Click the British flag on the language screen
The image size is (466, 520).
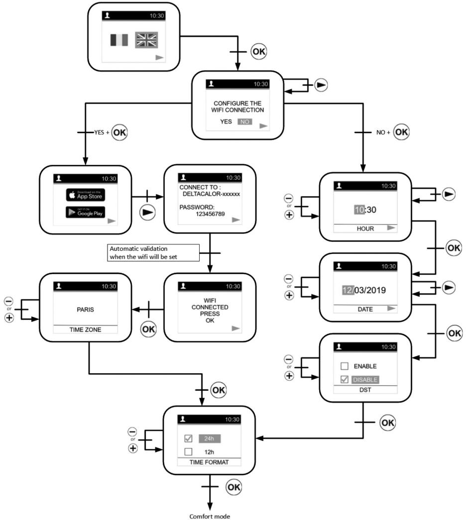pos(146,40)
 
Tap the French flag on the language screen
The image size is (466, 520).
pos(119,40)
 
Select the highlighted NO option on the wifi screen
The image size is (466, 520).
pos(244,122)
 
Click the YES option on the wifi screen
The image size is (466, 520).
pos(226,122)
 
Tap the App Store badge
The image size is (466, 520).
pos(86,195)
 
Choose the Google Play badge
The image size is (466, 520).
pos(86,212)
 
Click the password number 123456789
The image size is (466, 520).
pos(210,214)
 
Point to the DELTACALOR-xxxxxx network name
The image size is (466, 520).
pos(212,194)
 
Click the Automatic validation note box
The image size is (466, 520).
pos(153,253)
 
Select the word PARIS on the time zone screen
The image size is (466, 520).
pos(85,310)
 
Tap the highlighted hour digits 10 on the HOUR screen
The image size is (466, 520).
pos(359,209)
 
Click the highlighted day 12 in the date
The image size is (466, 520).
pos(348,290)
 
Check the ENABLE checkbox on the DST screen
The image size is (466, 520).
pos(345,366)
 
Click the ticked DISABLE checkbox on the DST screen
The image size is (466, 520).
pos(345,379)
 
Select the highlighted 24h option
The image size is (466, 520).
pos(210,438)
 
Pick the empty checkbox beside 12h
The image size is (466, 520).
pos(188,452)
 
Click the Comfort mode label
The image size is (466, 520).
pos(210,516)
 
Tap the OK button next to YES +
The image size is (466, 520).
pos(119,132)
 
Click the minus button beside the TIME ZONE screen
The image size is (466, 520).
pos(8,301)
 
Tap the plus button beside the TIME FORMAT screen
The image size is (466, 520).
pos(133,448)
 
